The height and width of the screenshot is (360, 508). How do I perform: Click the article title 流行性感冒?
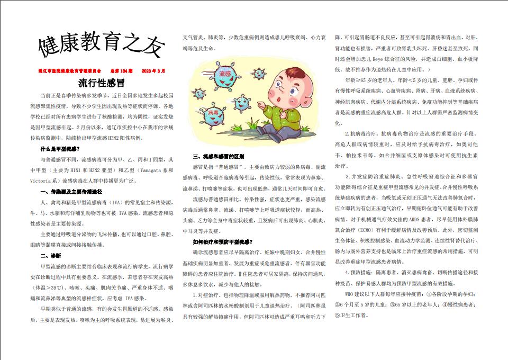[101, 83]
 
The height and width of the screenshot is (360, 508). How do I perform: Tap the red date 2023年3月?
[153, 70]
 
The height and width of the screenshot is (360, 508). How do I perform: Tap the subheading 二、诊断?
[51, 256]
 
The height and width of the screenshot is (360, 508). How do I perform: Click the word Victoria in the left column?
[52, 180]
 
